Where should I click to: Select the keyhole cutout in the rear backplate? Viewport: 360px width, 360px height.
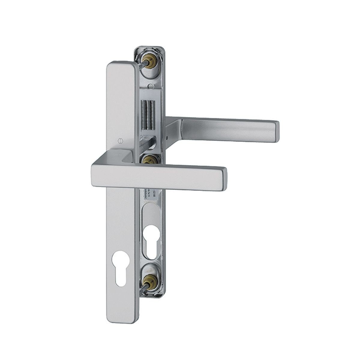[152, 240]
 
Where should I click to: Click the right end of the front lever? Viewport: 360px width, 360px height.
[224, 178]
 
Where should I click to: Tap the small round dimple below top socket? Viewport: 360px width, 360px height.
[151, 86]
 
